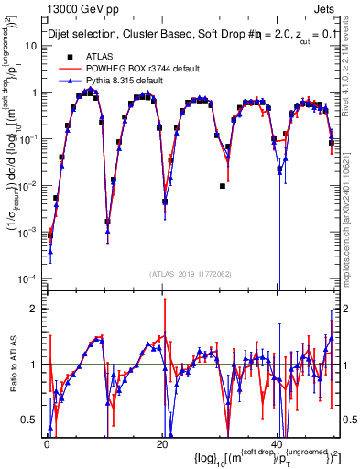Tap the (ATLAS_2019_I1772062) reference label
[x=191, y=274]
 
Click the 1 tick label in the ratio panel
[x=36, y=365]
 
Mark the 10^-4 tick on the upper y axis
[x=30, y=278]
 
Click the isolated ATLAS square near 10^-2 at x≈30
[x=223, y=186]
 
